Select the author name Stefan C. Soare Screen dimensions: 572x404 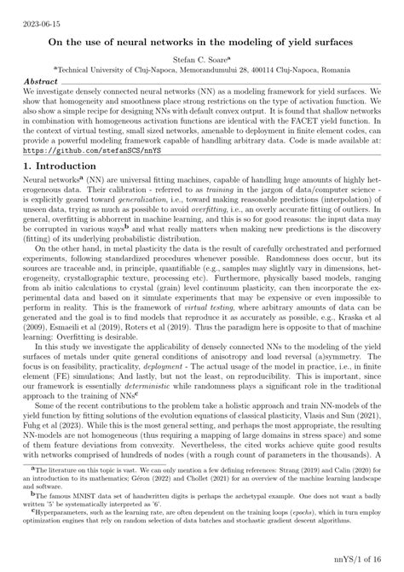(x=200, y=61)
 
